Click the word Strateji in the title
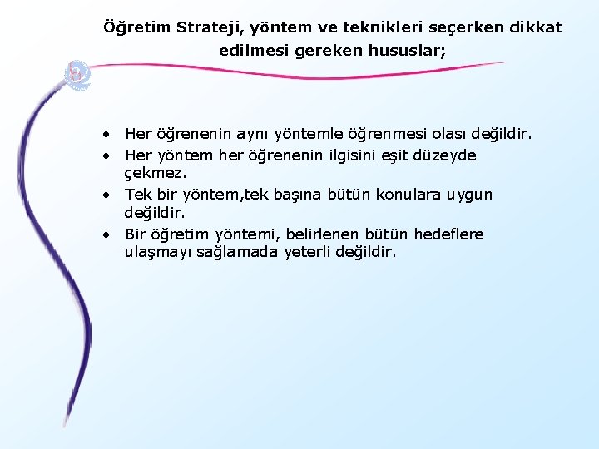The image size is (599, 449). pos(205,27)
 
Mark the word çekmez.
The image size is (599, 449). pos(156,175)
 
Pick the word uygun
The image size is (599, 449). pos(469,195)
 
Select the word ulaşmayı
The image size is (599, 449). pos(157,252)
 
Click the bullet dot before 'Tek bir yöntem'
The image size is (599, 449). pos(108,195)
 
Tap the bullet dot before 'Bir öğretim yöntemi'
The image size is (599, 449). pos(108,234)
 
